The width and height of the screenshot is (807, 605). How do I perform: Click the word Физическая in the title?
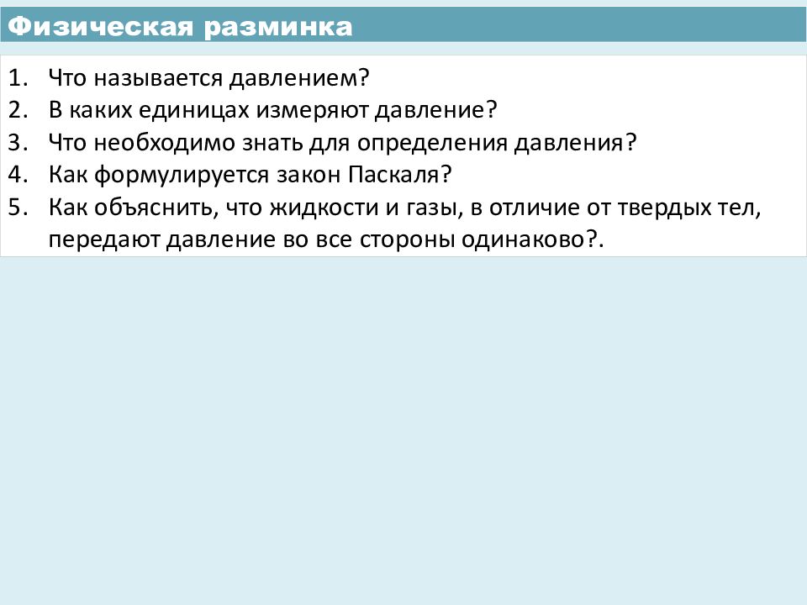[x=100, y=27]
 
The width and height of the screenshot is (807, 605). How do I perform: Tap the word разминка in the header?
[x=278, y=28]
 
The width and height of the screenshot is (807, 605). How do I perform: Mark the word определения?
[x=432, y=144]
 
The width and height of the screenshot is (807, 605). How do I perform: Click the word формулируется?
[x=182, y=176]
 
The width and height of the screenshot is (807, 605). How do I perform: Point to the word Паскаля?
[x=393, y=176]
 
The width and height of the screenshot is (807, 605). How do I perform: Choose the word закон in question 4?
[x=309, y=176]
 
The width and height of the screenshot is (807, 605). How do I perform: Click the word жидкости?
[x=324, y=208]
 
